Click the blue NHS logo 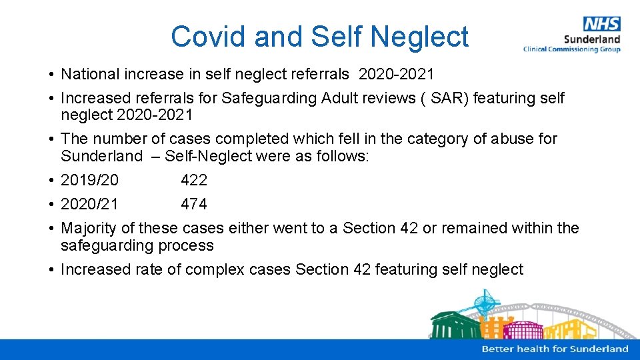601,24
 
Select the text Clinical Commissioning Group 571,49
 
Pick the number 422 194,180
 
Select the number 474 194,204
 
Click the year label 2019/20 90,180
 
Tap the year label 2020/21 90,204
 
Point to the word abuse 515,139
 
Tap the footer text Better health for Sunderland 555,349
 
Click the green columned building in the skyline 453,326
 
